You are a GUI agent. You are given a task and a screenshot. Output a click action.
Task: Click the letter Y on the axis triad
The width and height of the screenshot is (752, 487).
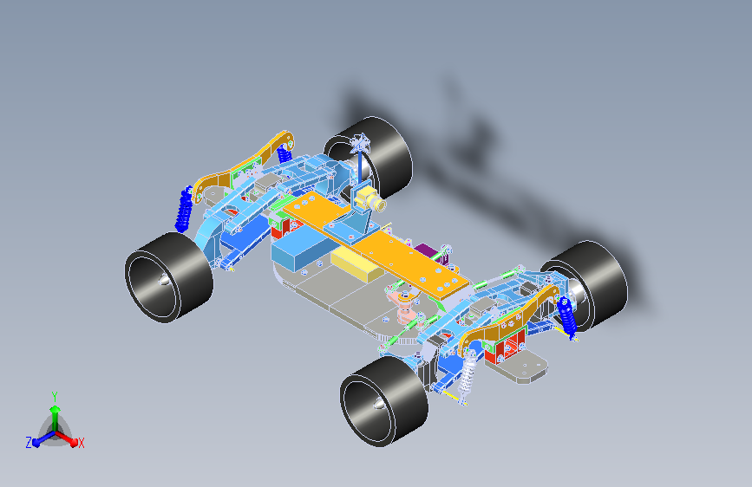[x=55, y=397]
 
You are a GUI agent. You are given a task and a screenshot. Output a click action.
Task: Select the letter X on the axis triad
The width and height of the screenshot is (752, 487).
[x=81, y=443]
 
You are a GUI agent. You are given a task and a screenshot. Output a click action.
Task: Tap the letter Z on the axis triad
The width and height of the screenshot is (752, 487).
[x=29, y=443]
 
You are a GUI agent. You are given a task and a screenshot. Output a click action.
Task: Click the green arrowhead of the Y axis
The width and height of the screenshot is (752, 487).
[x=56, y=410]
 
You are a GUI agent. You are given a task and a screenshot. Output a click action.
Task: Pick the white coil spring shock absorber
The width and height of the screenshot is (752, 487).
[x=468, y=376]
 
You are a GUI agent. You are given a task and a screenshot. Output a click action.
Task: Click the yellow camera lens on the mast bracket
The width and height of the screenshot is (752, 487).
[x=378, y=205]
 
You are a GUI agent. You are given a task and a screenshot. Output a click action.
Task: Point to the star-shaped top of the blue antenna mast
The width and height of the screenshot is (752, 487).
[x=360, y=142]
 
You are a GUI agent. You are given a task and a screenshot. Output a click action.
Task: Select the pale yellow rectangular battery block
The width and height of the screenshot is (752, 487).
[x=356, y=264]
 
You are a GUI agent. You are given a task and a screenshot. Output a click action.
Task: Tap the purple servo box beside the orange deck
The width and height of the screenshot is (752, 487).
[x=432, y=254]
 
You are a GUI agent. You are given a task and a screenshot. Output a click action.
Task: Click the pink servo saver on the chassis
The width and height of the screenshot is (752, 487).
[x=404, y=306]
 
